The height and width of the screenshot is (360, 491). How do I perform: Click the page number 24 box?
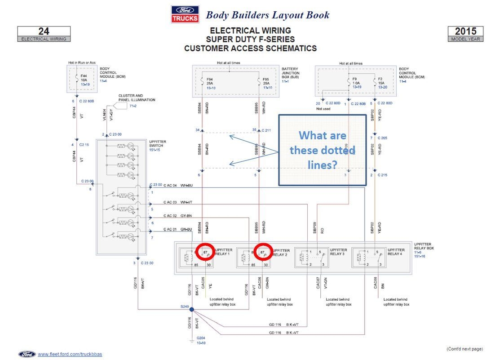point(44,31)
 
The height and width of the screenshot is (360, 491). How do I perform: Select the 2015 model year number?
point(465,31)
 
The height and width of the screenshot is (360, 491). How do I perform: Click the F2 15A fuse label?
point(380,83)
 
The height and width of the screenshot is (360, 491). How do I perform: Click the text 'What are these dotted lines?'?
point(322,150)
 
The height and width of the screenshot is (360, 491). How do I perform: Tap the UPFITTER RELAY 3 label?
point(338,252)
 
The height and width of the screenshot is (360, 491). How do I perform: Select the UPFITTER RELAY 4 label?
point(396,252)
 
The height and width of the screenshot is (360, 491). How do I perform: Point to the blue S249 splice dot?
point(192,310)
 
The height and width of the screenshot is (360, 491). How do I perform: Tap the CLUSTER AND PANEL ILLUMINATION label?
point(137,98)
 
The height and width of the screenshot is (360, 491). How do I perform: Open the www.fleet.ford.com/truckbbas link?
point(70,354)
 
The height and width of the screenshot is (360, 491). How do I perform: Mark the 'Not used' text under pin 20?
point(323,109)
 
